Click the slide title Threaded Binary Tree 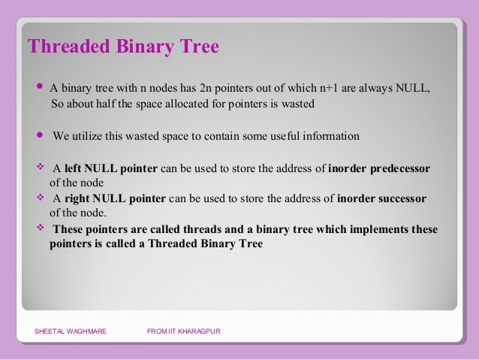click(123, 47)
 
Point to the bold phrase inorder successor click(381, 198)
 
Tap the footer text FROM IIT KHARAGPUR click(184, 331)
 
